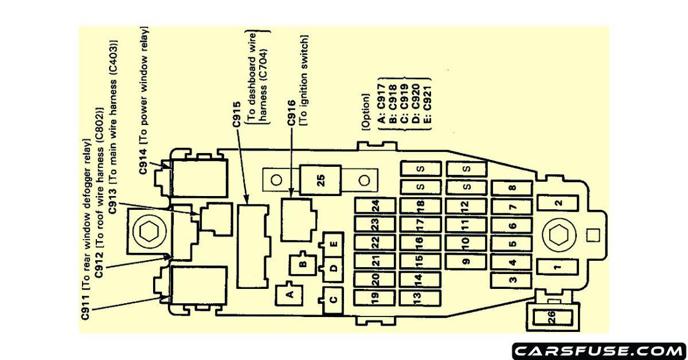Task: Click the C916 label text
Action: [x=291, y=113]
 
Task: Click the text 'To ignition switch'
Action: [x=304, y=80]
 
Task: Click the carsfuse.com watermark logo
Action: [x=597, y=349]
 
